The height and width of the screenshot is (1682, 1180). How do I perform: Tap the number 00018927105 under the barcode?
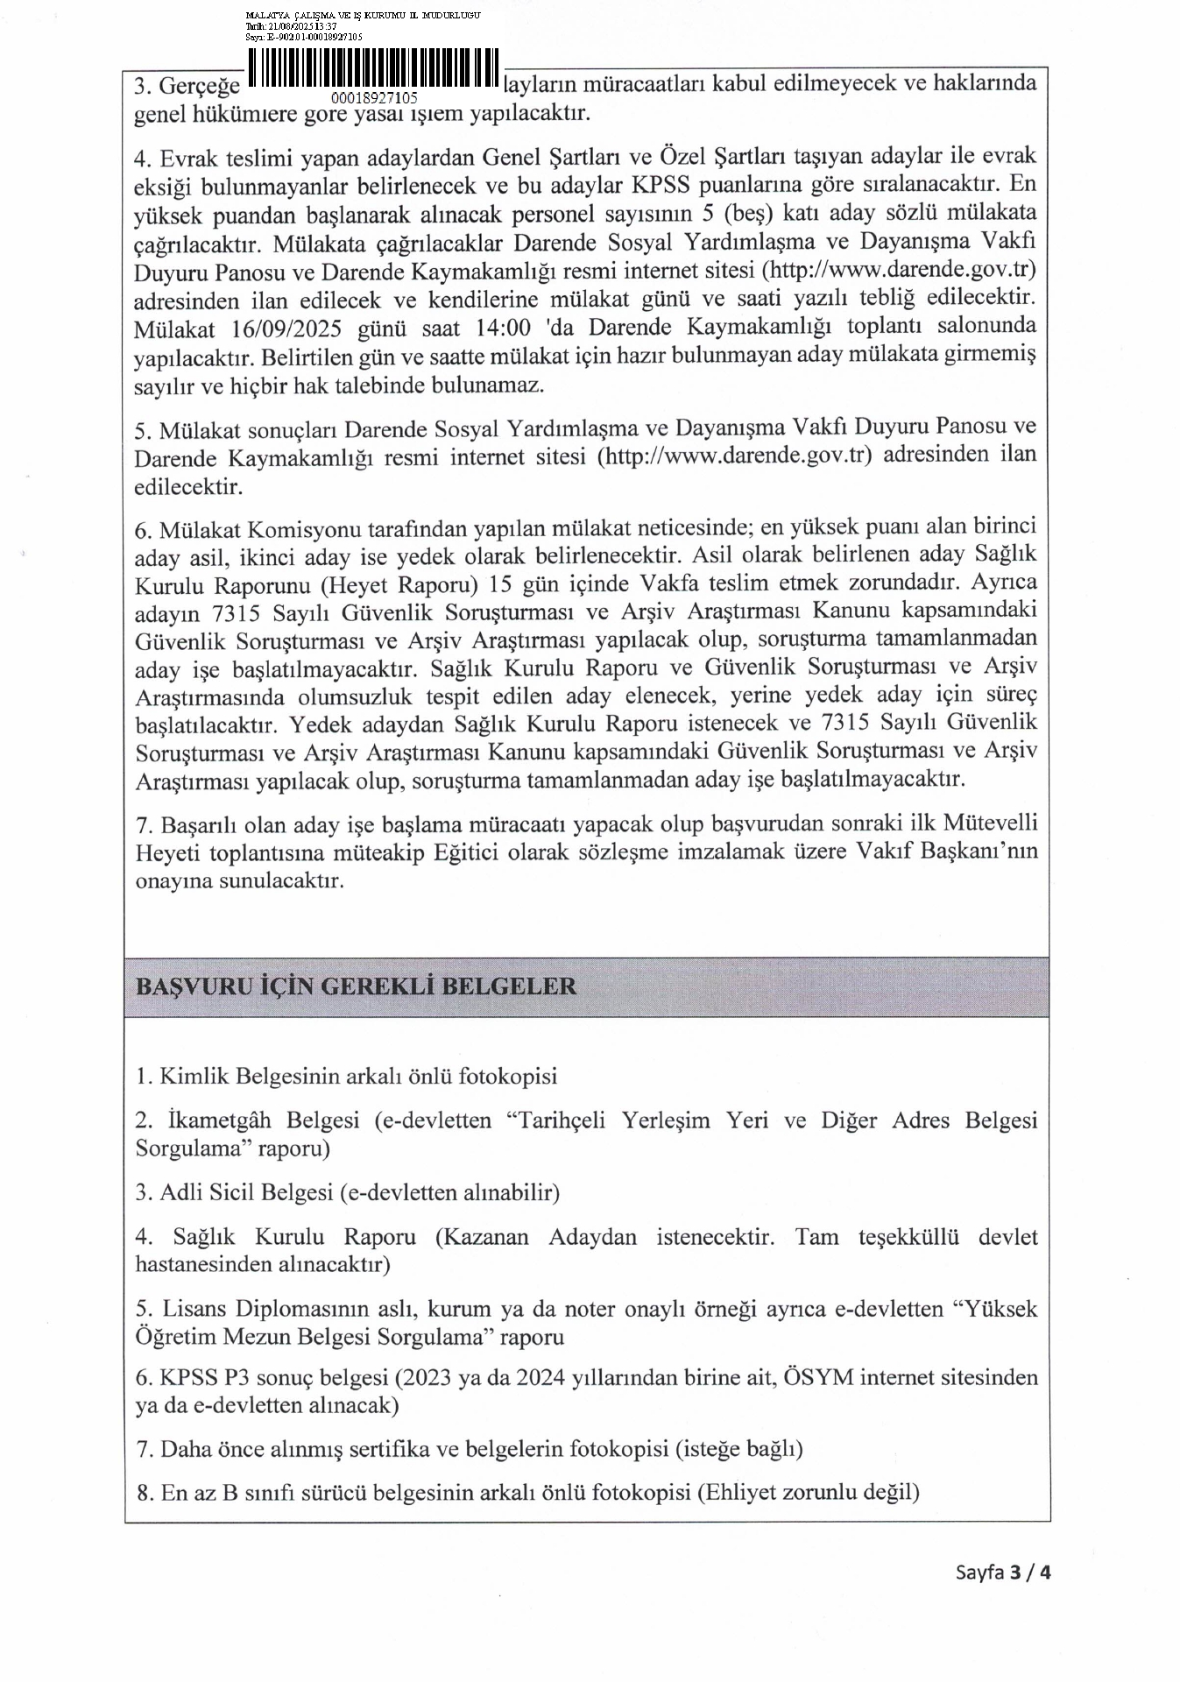click(x=374, y=98)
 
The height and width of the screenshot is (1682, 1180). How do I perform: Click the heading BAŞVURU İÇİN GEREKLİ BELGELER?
click(x=356, y=986)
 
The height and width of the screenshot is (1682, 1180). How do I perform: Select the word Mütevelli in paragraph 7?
click(x=990, y=823)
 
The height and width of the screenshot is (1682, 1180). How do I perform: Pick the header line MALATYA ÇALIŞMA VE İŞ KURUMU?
click(x=363, y=16)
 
